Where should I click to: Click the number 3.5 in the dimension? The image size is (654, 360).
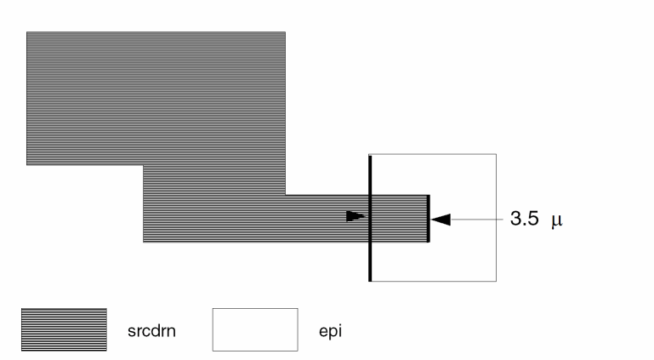pyautogui.click(x=524, y=219)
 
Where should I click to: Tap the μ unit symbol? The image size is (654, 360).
pyautogui.click(x=557, y=220)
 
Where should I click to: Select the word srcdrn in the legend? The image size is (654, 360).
pyautogui.click(x=152, y=331)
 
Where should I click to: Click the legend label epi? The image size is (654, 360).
pyautogui.click(x=330, y=331)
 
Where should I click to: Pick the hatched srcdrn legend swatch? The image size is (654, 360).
pyautogui.click(x=65, y=329)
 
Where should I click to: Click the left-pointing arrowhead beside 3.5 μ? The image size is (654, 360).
pyautogui.click(x=441, y=220)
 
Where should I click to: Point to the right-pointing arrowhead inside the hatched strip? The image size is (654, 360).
pyautogui.click(x=355, y=216)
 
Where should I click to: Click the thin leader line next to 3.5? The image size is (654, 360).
pyautogui.click(x=477, y=220)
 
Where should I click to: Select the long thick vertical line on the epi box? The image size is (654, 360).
pyautogui.click(x=370, y=218)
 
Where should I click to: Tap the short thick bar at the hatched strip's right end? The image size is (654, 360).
pyautogui.click(x=429, y=218)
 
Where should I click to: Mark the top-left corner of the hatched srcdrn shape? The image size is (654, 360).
pyautogui.click(x=26, y=31)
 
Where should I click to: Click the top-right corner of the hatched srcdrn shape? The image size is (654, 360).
pyautogui.click(x=286, y=31)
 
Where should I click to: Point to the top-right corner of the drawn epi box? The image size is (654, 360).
pyautogui.click(x=497, y=154)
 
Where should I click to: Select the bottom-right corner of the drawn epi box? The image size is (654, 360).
pyautogui.click(x=497, y=282)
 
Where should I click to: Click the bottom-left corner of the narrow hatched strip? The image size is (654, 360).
pyautogui.click(x=143, y=242)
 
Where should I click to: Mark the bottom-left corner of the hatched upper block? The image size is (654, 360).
pyautogui.click(x=26, y=165)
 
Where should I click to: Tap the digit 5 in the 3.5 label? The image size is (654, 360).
pyautogui.click(x=533, y=219)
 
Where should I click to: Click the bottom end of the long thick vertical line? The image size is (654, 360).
pyautogui.click(x=370, y=282)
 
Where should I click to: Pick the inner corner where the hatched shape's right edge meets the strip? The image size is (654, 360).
pyautogui.click(x=286, y=194)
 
